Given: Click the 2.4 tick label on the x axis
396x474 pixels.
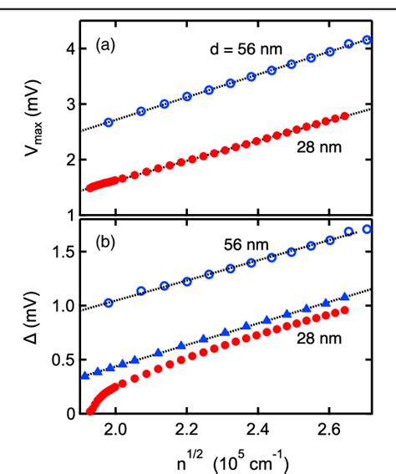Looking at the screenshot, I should click(258, 431).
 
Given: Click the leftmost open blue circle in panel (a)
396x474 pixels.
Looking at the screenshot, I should click(109, 122).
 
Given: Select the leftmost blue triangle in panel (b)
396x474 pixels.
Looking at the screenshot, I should click(84, 376).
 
